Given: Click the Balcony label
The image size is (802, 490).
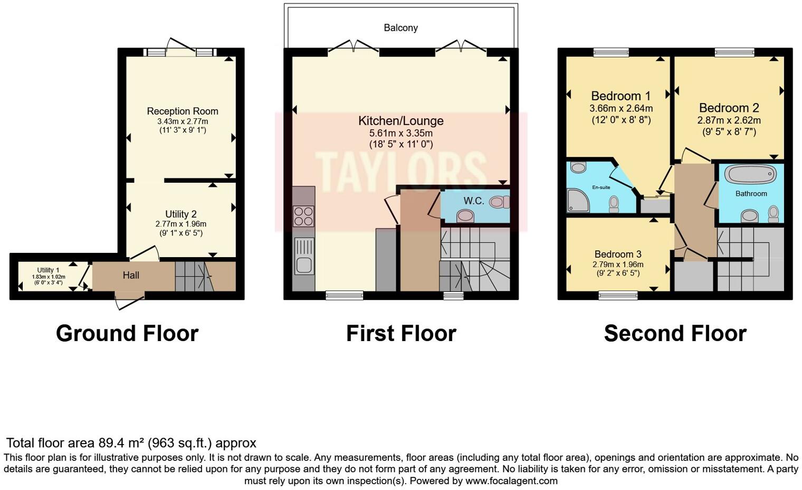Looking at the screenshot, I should (400, 28).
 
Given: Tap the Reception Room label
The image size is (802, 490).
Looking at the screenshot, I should (183, 111).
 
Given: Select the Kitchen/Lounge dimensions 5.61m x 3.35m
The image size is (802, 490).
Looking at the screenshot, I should (400, 133).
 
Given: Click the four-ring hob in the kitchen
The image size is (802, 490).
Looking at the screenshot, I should (303, 216).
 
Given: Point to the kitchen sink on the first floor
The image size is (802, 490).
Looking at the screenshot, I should (303, 257).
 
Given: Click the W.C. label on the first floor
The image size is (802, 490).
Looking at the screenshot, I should (473, 201).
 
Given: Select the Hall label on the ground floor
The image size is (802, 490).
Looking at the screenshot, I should (131, 275).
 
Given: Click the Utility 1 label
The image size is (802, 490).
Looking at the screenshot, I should (48, 270).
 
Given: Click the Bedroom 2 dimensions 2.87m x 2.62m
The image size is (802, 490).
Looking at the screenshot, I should (729, 120).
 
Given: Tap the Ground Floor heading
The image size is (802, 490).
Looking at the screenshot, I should (127, 334).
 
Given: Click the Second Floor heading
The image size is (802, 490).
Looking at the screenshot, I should (675, 334).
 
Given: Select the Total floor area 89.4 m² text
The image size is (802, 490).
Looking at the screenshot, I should (131, 443).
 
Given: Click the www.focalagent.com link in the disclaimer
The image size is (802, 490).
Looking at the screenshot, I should (510, 481).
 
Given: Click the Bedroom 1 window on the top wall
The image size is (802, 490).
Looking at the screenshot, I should (610, 52).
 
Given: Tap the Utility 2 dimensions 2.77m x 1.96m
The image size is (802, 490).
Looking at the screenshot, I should (180, 224).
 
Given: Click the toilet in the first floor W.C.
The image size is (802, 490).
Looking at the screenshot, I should (499, 202).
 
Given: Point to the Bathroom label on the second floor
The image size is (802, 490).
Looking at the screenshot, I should (751, 194).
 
